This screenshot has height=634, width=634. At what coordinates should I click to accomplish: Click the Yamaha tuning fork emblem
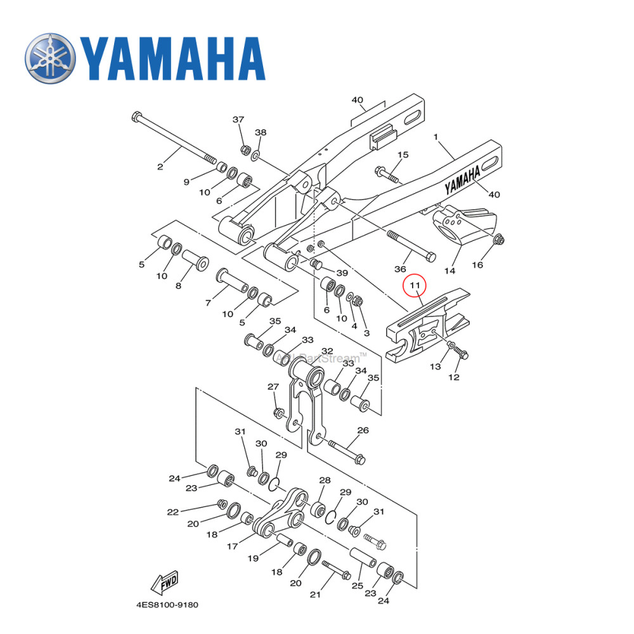pos(50,58)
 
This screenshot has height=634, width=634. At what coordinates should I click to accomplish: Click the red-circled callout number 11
pos(414,286)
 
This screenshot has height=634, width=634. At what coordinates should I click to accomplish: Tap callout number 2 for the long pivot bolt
pos(160,167)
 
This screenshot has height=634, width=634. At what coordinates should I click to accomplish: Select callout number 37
pos(238,120)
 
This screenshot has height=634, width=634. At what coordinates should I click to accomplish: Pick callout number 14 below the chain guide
pos(450,271)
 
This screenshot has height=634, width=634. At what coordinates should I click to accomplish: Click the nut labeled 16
pos(499,239)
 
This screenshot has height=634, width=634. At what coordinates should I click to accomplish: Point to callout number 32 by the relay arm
pos(327,351)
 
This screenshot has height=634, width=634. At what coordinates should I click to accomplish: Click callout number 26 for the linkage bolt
pos(363,430)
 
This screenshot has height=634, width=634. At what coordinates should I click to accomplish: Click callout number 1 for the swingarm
pos(436,137)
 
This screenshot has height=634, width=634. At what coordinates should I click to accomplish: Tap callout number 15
pos(403,155)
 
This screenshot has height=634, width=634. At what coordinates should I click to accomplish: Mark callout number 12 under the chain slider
pos(454,377)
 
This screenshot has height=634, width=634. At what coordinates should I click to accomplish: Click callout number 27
pos(273,387)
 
